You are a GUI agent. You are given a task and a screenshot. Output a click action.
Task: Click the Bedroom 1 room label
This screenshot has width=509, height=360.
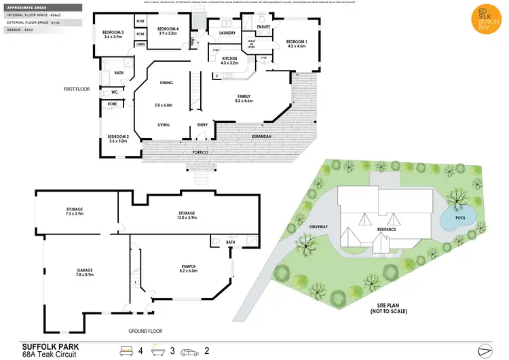296,41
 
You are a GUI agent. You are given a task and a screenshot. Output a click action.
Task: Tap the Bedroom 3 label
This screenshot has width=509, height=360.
112,33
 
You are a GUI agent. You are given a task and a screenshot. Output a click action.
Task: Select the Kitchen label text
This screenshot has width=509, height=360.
229,59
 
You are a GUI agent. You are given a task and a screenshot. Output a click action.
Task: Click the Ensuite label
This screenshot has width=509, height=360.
263,27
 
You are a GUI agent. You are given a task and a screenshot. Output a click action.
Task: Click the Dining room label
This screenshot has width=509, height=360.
166,83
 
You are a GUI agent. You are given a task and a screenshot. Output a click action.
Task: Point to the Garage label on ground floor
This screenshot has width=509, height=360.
84,270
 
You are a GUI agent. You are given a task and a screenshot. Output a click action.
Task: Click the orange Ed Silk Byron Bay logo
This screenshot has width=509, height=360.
483,24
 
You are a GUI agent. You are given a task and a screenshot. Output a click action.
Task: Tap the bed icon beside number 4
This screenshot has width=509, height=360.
126,351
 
